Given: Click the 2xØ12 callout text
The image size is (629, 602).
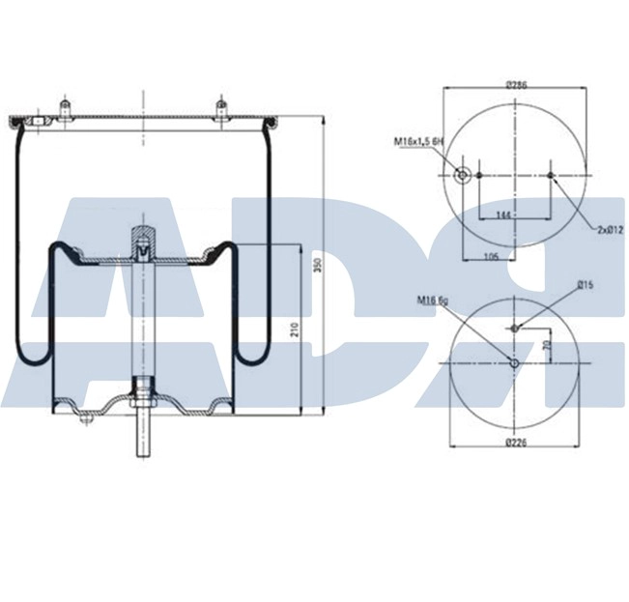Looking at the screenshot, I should point(611,229).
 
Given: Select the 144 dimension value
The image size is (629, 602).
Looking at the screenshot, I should point(504,214).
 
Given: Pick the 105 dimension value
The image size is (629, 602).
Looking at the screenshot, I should point(491,257).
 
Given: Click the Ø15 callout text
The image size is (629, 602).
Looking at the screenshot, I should point(584,284).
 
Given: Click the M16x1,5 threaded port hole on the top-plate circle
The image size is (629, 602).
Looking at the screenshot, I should point(462,175).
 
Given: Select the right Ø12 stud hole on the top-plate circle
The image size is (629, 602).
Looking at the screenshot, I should point(551,175).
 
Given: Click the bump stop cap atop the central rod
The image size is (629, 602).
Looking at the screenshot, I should point(143,234).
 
